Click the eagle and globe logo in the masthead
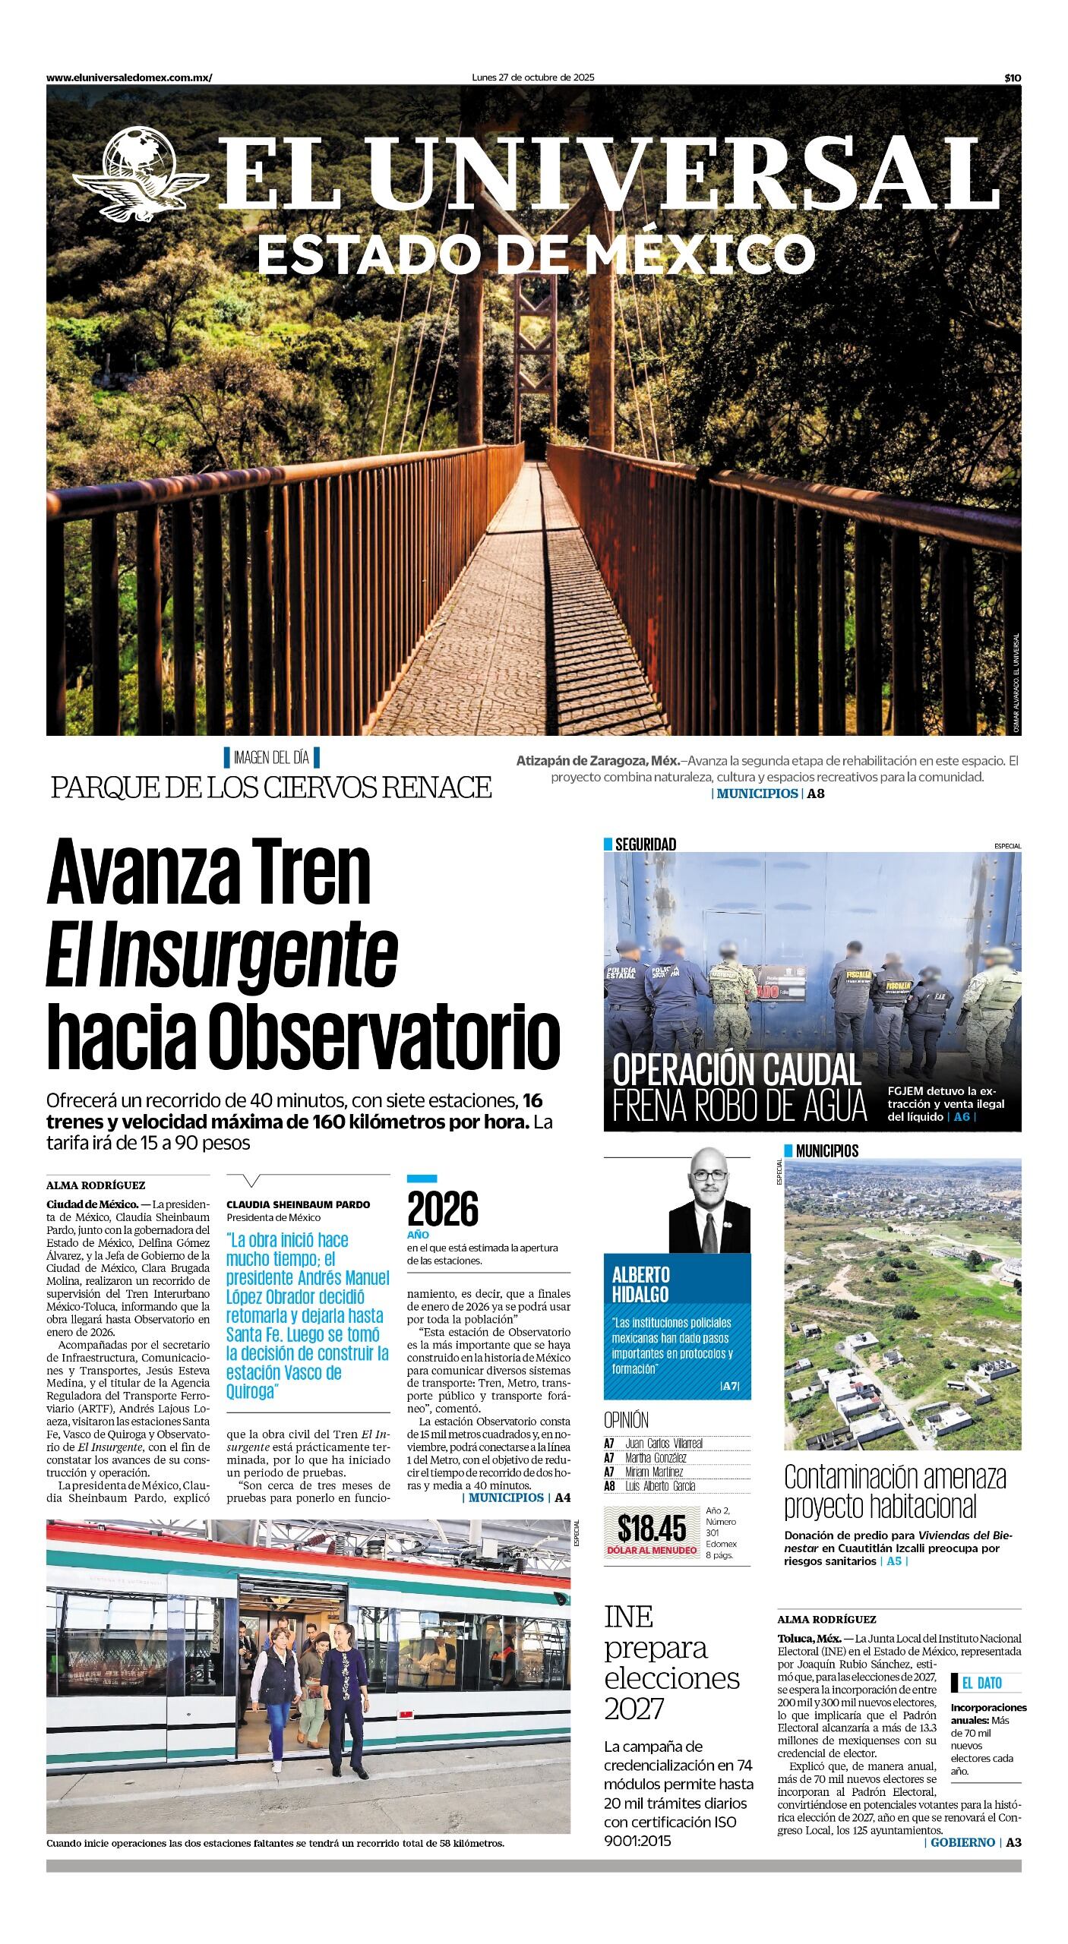141,175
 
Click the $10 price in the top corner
1012,77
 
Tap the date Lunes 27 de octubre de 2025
532,77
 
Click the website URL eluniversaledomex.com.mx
129,77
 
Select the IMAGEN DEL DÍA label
271,757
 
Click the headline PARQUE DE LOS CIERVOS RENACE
271,787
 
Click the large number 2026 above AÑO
443,1209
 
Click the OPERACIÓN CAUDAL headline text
736,1071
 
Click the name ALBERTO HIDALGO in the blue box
640,1284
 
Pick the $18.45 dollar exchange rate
651,1527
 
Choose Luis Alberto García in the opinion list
659,1486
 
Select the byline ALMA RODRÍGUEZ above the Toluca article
826,1619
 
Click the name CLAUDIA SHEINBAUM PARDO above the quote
298,1204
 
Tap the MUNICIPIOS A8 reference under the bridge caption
768,794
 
